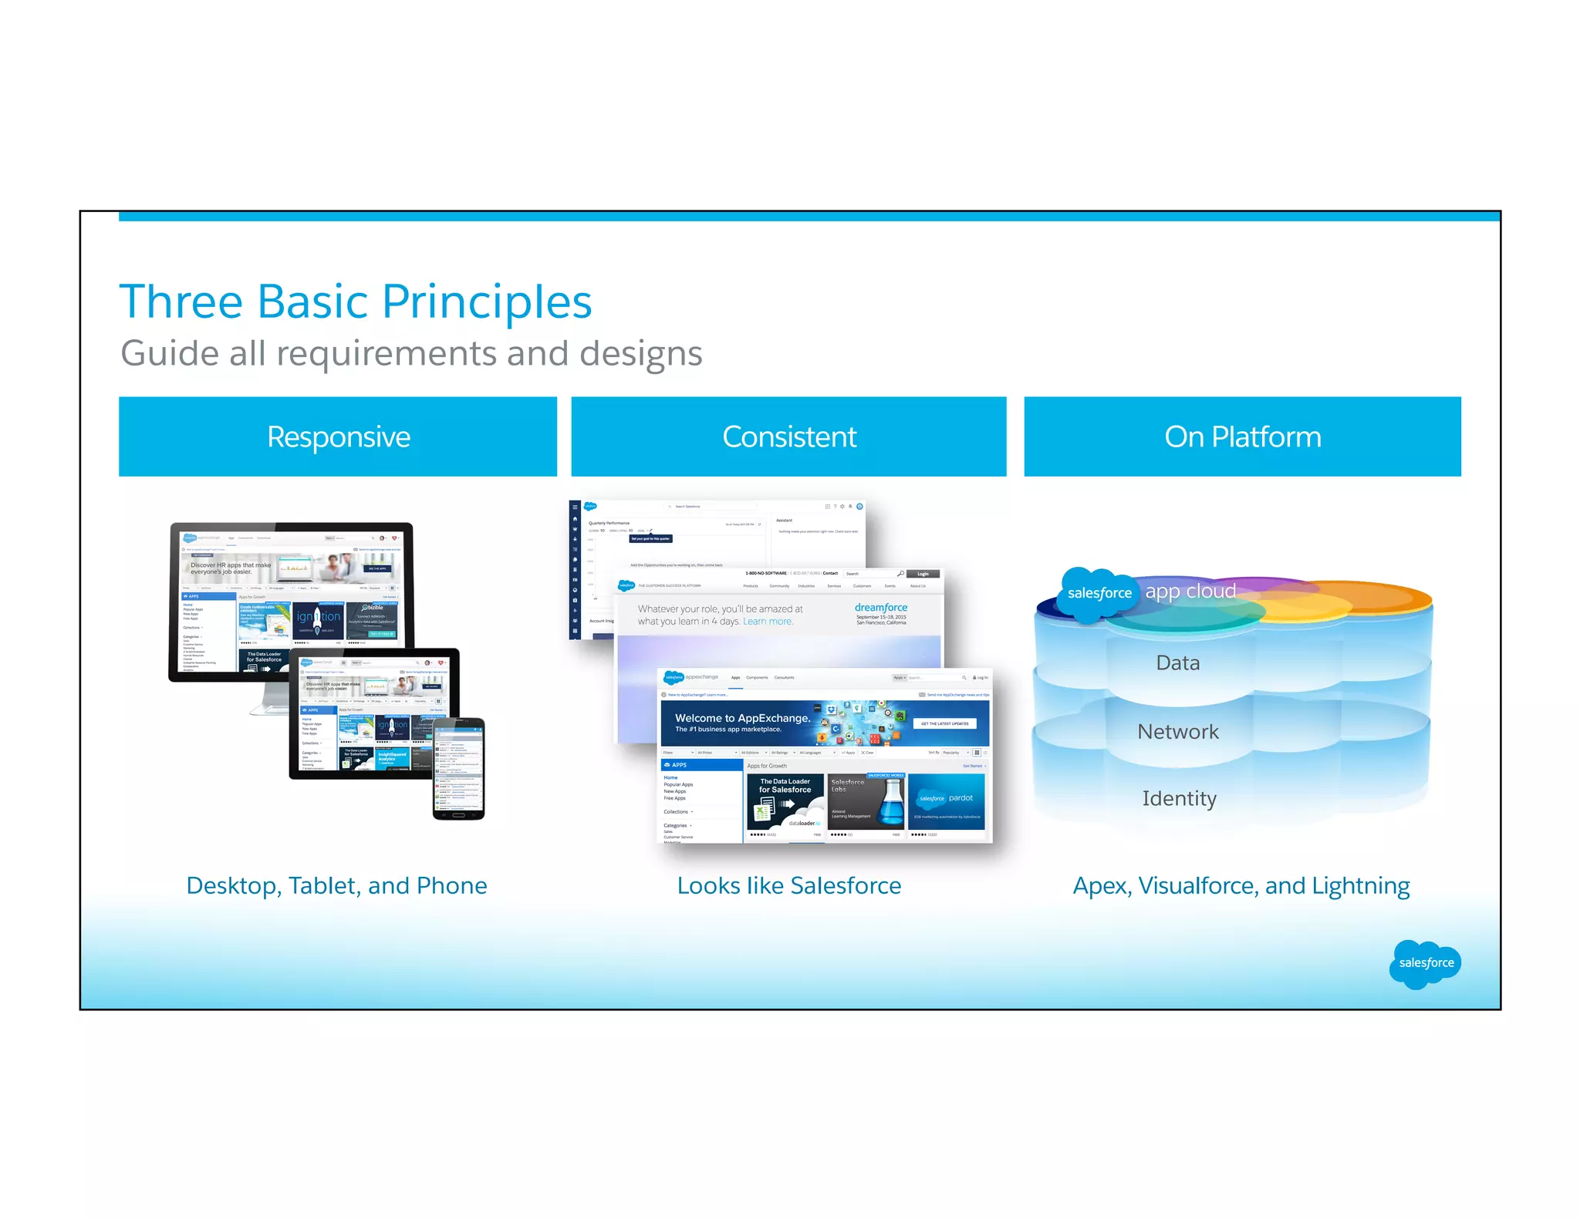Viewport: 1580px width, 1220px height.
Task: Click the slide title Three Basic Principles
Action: click(356, 302)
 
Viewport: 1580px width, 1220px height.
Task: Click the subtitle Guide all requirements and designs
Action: click(411, 353)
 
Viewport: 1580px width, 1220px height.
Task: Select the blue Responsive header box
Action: click(338, 436)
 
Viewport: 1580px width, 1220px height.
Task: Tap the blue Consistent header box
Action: click(788, 436)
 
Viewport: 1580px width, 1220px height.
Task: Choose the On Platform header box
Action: click(1242, 436)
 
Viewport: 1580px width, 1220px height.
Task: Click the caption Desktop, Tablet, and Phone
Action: click(336, 885)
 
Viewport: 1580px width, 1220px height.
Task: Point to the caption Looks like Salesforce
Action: click(788, 885)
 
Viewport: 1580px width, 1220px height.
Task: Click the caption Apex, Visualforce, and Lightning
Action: click(1241, 885)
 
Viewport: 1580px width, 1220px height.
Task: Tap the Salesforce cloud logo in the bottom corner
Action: click(1425, 962)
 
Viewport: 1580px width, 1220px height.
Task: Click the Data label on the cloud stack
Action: click(1177, 663)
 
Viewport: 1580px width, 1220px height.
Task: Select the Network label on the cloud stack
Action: click(1177, 732)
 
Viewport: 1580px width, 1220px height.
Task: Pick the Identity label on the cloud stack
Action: click(1179, 798)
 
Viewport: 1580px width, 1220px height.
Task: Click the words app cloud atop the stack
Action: click(1190, 591)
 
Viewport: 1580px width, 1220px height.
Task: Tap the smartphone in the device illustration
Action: click(459, 768)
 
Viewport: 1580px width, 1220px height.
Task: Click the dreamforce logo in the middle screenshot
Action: click(881, 608)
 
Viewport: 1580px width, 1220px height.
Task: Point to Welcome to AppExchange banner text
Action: click(741, 718)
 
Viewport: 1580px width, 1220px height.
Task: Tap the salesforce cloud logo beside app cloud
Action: click(1099, 593)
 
